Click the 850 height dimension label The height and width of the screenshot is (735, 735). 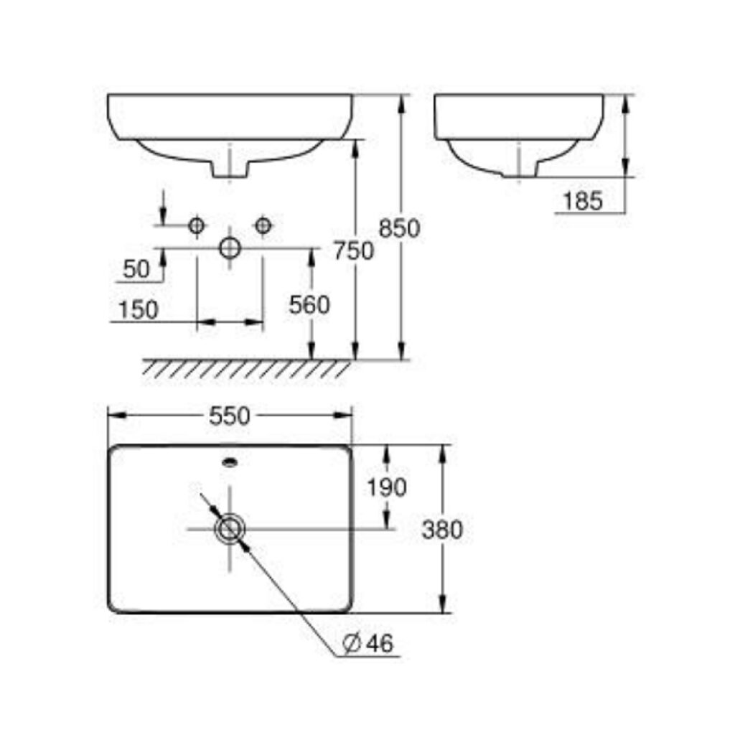tap(399, 228)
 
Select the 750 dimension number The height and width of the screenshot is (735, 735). tap(353, 251)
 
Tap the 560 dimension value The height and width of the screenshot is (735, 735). tap(309, 305)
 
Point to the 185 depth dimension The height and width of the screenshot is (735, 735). tap(583, 202)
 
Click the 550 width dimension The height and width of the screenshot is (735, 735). tap(230, 416)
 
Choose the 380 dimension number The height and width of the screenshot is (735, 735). tap(442, 530)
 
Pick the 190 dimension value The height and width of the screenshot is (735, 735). tap(387, 487)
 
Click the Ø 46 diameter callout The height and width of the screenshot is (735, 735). tap(368, 643)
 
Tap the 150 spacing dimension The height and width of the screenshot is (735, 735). tap(139, 310)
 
